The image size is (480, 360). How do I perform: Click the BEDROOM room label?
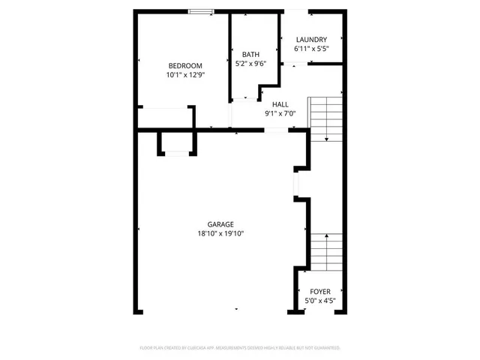point(184,65)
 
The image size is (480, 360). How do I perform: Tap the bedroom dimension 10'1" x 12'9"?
point(184,75)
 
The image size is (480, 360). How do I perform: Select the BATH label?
point(250,54)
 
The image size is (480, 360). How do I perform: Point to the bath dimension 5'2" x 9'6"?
point(250,64)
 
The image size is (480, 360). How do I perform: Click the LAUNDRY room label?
point(310,40)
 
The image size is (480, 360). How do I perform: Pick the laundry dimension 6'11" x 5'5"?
point(310,49)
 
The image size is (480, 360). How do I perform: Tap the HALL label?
point(280,104)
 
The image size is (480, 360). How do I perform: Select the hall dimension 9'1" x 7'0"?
point(280,114)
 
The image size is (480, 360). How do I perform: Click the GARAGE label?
point(220,223)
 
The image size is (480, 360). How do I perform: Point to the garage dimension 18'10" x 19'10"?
point(220,233)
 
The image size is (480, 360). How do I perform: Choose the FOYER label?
point(319,291)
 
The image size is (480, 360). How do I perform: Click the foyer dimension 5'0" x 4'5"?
point(319,301)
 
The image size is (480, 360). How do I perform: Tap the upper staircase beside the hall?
point(326,118)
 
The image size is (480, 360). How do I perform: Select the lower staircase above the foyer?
point(326,253)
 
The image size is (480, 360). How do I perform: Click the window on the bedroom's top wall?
point(199,11)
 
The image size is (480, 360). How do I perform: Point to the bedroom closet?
point(163,118)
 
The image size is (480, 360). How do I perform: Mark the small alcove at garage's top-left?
point(177,142)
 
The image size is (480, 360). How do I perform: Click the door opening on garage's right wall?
point(295,183)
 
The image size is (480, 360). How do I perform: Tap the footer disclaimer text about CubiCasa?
point(240,348)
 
